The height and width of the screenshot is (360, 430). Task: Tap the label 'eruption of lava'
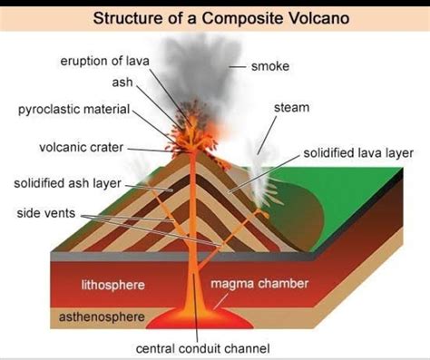(x=104, y=62)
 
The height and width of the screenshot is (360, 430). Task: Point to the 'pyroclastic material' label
(x=73, y=110)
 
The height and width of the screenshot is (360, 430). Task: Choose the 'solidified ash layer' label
(x=67, y=183)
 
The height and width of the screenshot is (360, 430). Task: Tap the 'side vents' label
(x=46, y=214)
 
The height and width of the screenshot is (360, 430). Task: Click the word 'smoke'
(x=270, y=66)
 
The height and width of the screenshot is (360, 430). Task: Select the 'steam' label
(x=291, y=108)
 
